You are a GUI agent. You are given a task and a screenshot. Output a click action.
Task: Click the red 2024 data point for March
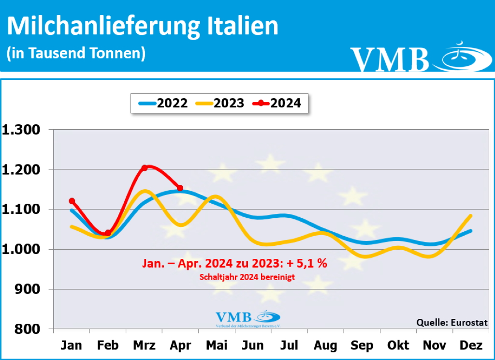pos(144,168)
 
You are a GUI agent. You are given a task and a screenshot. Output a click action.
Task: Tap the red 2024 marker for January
pos(72,201)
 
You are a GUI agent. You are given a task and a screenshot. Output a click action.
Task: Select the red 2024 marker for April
pos(180,188)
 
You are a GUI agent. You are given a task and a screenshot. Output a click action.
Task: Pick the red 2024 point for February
pos(108,233)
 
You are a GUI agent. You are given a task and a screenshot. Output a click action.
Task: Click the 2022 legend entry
pos(163,103)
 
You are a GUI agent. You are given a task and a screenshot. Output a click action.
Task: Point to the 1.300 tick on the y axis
pos(23,130)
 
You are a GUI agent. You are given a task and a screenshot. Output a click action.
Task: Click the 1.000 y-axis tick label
pos(23,249)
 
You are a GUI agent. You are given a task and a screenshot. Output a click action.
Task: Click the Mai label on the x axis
pos(217,345)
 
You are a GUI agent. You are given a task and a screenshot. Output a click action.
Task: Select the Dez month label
pos(471,345)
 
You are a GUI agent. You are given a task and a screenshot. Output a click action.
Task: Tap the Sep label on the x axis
pos(362,345)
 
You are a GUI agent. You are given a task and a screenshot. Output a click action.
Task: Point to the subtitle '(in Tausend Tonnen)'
pos(76,53)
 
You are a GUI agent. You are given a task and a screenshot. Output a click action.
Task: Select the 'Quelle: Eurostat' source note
pos(451,323)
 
